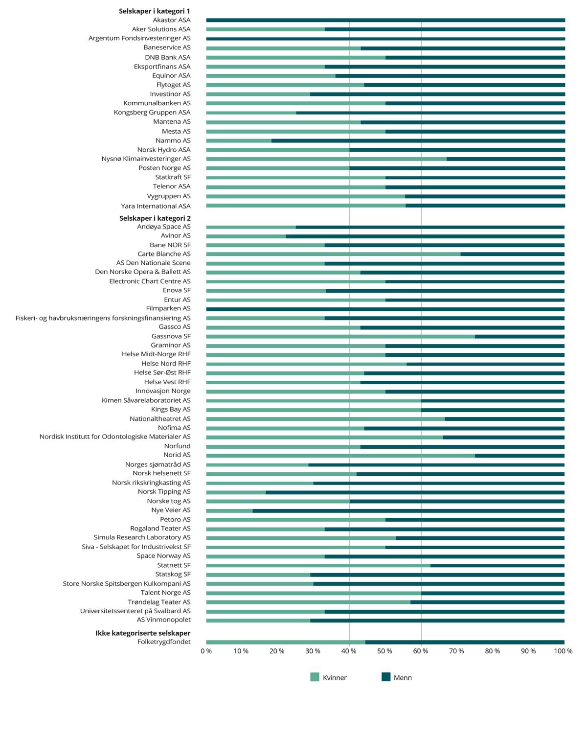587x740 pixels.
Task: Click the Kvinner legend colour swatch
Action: coord(315,677)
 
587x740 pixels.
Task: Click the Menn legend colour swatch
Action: coord(386,677)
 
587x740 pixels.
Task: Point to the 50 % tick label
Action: coord(384,651)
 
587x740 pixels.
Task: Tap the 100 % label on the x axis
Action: coord(563,651)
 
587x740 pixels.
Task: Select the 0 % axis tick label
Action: coord(206,651)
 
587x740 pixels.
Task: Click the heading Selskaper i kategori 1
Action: coord(154,11)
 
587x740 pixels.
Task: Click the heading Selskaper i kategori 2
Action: coord(155,218)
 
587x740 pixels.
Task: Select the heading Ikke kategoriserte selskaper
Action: coord(143,633)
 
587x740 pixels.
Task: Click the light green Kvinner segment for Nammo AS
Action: coord(239,141)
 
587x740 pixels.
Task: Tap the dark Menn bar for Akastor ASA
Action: coord(385,21)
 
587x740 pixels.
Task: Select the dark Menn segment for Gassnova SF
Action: coord(519,337)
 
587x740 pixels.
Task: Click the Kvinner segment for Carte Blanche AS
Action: coord(333,254)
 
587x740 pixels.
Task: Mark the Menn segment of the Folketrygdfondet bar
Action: coord(465,643)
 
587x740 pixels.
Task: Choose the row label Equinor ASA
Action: coord(171,76)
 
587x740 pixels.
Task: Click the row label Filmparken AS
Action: coord(168,309)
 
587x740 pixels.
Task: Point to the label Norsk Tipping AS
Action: coord(164,492)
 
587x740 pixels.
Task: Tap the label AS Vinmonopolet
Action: coord(163,620)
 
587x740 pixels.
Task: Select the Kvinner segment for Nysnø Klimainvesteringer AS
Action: coord(326,159)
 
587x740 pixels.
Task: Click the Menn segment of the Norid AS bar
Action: coord(519,456)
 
